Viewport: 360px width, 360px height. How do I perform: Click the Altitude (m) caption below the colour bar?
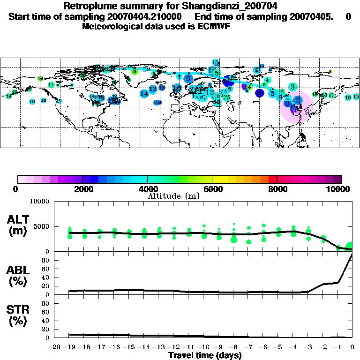[x=173, y=196]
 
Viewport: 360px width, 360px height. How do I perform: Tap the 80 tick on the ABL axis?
[x=47, y=269]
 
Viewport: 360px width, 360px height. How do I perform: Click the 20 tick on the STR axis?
[x=47, y=329]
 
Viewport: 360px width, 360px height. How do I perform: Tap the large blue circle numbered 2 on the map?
[x=297, y=100]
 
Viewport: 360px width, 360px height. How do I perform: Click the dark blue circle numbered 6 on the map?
[x=260, y=93]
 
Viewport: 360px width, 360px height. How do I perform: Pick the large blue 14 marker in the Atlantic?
[x=144, y=94]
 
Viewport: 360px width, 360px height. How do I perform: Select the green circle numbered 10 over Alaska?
[x=40, y=78]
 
